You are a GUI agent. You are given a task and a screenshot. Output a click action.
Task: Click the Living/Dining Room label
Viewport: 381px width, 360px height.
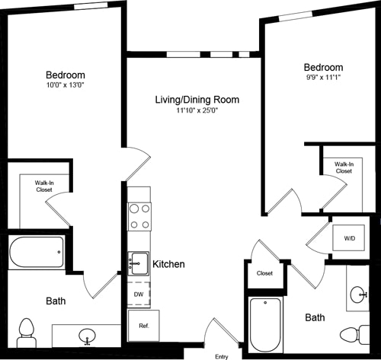(197, 100)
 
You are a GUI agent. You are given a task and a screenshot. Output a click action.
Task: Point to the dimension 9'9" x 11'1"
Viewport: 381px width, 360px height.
(323, 78)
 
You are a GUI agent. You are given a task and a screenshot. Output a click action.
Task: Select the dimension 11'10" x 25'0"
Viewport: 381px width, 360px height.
(197, 111)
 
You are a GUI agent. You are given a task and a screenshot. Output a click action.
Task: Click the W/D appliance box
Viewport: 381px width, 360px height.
(349, 238)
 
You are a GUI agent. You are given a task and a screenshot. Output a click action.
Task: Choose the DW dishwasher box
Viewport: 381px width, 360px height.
(138, 293)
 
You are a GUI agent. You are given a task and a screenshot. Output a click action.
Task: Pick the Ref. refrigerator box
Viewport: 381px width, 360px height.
(142, 324)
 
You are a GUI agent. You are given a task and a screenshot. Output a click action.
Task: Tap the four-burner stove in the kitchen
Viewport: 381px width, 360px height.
(139, 215)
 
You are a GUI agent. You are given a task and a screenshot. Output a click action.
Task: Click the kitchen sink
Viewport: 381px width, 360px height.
(138, 263)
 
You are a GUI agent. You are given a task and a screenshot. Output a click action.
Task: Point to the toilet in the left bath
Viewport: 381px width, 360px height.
(27, 330)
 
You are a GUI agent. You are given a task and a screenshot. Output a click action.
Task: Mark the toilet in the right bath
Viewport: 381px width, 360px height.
(352, 334)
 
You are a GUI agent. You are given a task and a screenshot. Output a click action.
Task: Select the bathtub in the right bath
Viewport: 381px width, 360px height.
(265, 325)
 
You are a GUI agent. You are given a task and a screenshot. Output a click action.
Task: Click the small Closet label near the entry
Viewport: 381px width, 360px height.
(264, 273)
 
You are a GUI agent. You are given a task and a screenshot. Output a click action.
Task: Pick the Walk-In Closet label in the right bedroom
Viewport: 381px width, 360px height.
(343, 167)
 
